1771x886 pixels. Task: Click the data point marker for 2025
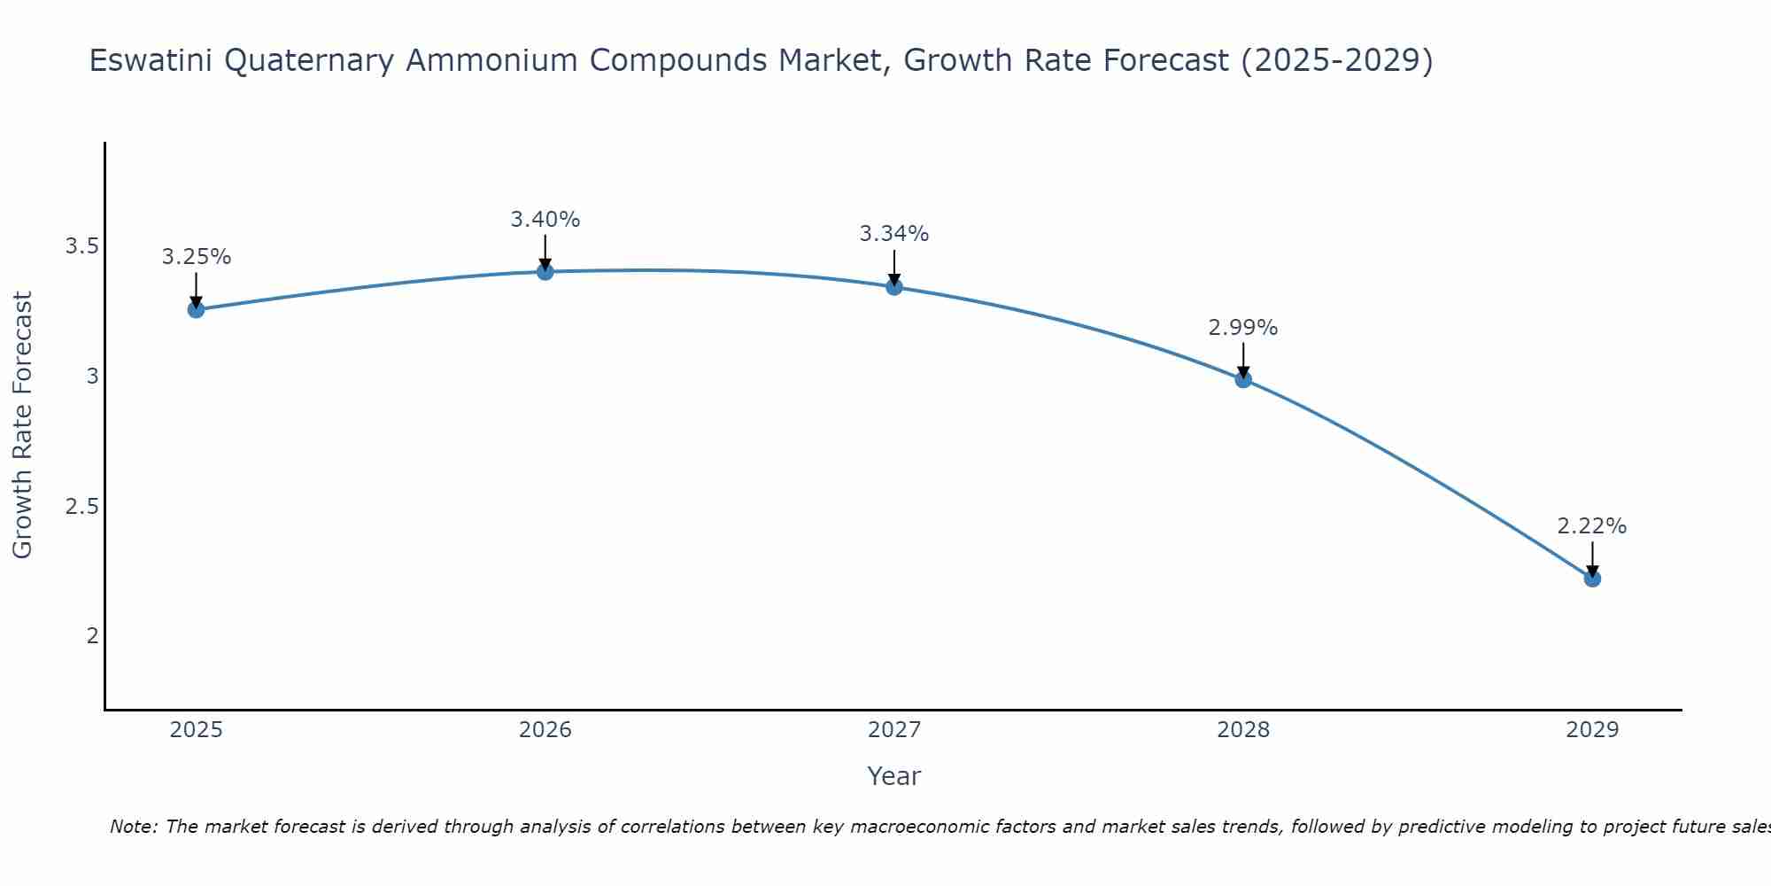(196, 309)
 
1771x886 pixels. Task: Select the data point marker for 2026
(545, 271)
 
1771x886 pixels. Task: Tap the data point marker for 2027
(894, 287)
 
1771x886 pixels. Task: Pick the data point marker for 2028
(1243, 379)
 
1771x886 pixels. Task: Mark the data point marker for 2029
(1592, 579)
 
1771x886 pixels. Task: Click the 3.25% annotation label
(196, 257)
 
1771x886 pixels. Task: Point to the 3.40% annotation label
(545, 219)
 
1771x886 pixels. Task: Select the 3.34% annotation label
(894, 234)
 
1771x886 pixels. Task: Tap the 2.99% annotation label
(1243, 328)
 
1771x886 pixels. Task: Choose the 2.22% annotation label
(1592, 526)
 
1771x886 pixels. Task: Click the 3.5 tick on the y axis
(81, 246)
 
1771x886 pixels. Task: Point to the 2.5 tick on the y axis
(81, 507)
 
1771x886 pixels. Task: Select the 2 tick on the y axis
(92, 636)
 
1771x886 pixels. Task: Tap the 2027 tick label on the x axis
(894, 730)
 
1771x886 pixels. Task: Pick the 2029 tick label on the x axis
(1592, 730)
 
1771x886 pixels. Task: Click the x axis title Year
(894, 776)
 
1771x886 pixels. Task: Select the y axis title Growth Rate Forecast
(23, 425)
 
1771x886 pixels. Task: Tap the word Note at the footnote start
(133, 827)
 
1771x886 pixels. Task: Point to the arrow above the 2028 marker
(1243, 359)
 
